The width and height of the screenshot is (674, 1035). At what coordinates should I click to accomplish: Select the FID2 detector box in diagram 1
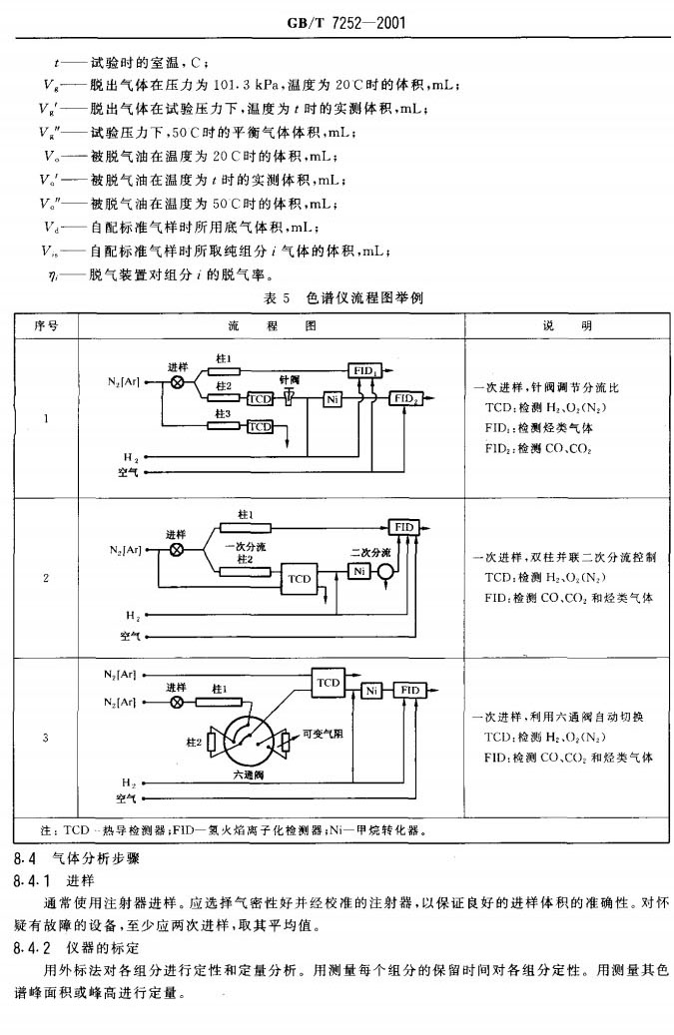click(406, 399)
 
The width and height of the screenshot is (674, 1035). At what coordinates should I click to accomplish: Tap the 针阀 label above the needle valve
click(290, 380)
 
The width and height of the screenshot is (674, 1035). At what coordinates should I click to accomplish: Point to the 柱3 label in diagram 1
click(224, 412)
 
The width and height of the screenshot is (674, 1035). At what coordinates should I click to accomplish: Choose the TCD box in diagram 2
click(300, 578)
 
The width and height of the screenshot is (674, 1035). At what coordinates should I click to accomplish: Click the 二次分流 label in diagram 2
click(369, 551)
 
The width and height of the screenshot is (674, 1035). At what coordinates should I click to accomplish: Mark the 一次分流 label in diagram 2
click(245, 547)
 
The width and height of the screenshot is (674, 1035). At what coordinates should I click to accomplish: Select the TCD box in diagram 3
click(328, 682)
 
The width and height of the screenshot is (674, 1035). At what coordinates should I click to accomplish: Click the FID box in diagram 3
click(407, 690)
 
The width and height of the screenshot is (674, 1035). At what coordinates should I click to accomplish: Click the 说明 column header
click(566, 326)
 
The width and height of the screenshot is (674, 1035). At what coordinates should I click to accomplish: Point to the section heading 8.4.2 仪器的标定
click(77, 946)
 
